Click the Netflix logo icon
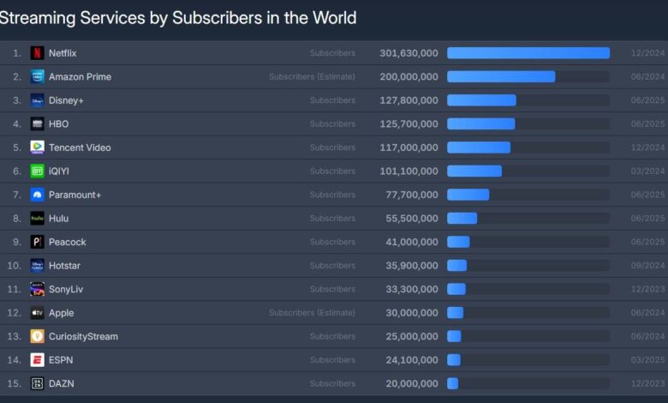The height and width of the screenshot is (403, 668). pyautogui.click(x=38, y=53)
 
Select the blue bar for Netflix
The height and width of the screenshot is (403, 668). pyautogui.click(x=528, y=53)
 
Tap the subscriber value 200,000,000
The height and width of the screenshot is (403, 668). pyautogui.click(x=409, y=77)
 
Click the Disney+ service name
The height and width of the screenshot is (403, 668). pyautogui.click(x=66, y=100)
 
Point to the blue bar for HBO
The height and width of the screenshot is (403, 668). pyautogui.click(x=480, y=124)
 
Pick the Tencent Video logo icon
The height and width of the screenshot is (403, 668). pyautogui.click(x=38, y=147)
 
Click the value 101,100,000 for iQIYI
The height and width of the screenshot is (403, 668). pyautogui.click(x=409, y=171)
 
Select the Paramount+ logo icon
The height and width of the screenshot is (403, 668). pyautogui.click(x=38, y=195)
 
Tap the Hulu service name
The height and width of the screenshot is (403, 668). pyautogui.click(x=60, y=219)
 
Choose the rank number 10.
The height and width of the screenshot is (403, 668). pyautogui.click(x=14, y=266)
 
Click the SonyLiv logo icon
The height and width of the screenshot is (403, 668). pyautogui.click(x=38, y=289)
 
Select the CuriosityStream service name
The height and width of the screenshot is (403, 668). pyautogui.click(x=83, y=336)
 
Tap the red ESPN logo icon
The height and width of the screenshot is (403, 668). pyautogui.click(x=38, y=360)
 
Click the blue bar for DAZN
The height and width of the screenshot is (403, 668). pyautogui.click(x=452, y=383)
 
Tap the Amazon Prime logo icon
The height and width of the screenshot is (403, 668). pyautogui.click(x=38, y=77)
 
